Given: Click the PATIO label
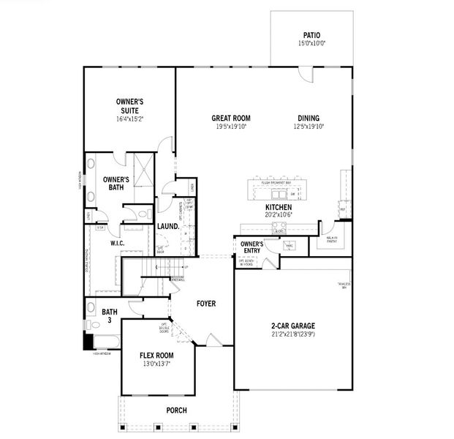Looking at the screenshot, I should (311, 35).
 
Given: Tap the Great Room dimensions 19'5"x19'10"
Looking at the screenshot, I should (231, 127).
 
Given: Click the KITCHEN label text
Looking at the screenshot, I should (279, 207).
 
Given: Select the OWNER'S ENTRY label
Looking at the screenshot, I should (251, 247).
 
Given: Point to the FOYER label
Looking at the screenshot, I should (207, 302).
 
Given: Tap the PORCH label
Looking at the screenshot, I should (177, 410).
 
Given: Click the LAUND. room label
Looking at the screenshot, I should (168, 227).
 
